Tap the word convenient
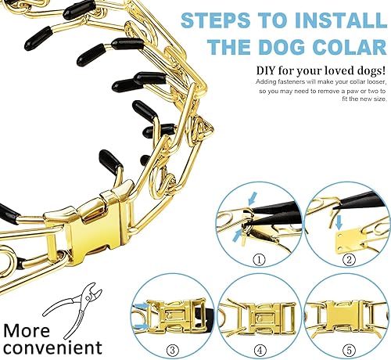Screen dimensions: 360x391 pyautogui.click(x=51, y=345)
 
